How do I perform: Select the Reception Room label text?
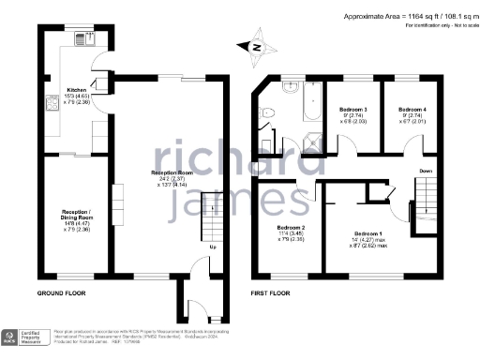(x=172, y=172)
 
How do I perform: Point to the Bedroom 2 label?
(x=292, y=227)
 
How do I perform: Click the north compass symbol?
(x=259, y=43)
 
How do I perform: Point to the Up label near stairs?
(x=212, y=247)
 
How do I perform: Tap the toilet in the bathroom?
(x=292, y=116)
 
